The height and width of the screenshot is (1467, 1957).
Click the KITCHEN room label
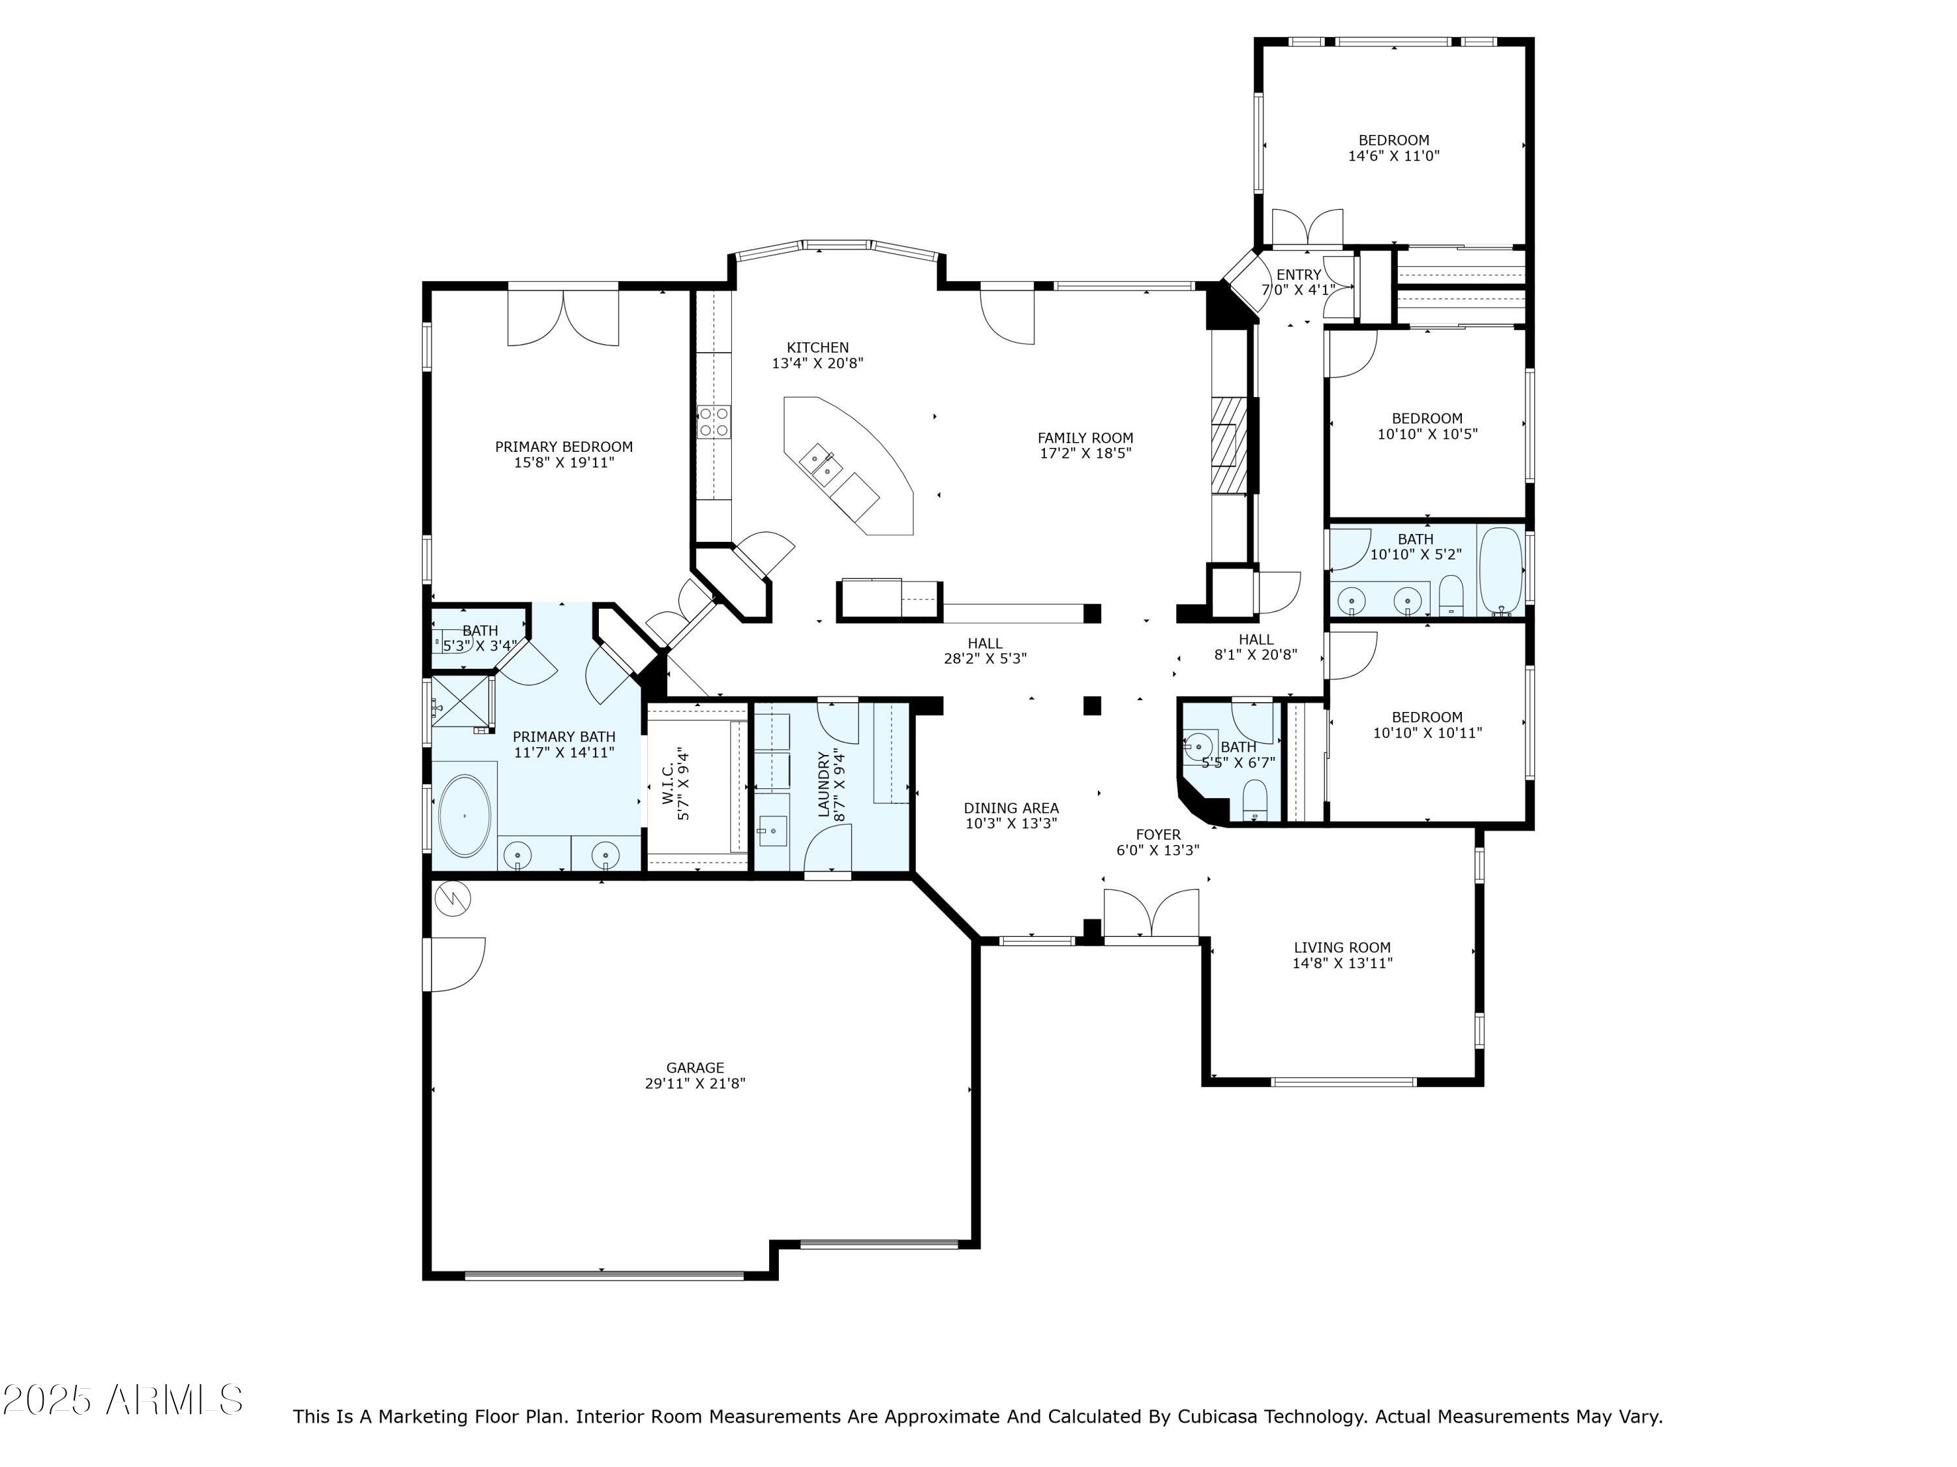click(817, 348)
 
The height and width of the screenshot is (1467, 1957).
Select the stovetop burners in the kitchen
click(714, 421)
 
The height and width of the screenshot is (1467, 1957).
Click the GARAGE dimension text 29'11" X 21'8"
click(695, 1083)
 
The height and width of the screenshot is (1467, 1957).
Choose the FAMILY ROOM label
click(1085, 437)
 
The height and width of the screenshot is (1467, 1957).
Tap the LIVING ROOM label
click(1342, 948)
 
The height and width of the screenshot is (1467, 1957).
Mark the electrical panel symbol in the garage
click(453, 898)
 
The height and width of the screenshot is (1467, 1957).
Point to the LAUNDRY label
click(825, 784)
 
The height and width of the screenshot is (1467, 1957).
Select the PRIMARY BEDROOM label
click(564, 447)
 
